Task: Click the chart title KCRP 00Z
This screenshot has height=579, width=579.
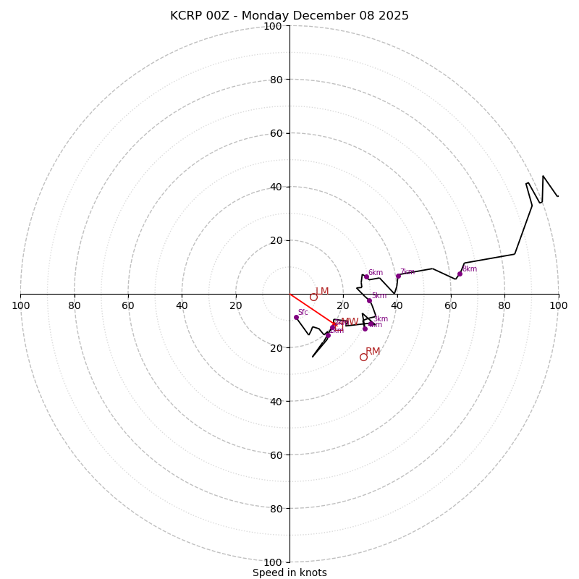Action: point(289,16)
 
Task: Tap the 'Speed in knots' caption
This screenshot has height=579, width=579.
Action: point(289,572)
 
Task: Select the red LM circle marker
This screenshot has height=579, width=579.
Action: point(313,297)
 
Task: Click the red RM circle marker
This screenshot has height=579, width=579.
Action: point(363,357)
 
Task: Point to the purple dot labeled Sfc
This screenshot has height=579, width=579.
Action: point(296,317)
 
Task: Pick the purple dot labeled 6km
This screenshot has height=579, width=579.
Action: point(366,276)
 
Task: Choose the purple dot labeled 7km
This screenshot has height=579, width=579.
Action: point(398,276)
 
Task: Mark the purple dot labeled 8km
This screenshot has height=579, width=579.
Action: point(460,274)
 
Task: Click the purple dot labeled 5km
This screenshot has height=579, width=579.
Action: point(369,300)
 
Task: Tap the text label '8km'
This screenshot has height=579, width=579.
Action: point(470,269)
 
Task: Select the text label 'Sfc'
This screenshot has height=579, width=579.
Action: point(303,313)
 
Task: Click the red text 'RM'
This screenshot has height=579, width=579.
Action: point(373,352)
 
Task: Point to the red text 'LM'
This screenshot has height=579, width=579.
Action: point(322,292)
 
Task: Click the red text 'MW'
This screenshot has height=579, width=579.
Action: point(350,322)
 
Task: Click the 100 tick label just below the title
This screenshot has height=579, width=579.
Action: point(273,26)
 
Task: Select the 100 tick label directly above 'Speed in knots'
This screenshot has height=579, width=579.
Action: point(273,562)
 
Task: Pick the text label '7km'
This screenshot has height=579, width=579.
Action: point(407,272)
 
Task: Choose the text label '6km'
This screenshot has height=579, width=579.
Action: point(376,273)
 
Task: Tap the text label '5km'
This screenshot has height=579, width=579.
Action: point(379,296)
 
